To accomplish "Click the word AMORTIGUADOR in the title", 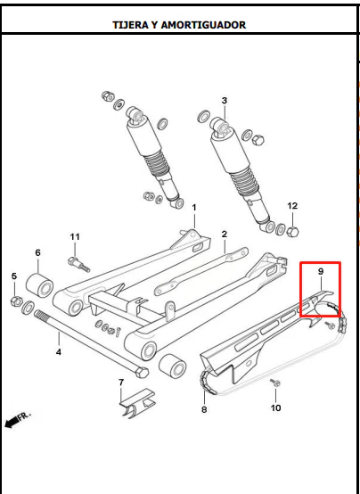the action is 203,25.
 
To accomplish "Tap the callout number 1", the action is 194,208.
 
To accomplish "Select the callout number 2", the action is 225,235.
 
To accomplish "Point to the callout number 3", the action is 225,101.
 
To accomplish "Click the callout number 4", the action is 59,352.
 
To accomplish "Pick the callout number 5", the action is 14,276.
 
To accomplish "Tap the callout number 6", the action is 37,252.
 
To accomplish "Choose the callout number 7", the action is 121,383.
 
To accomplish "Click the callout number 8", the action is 204,409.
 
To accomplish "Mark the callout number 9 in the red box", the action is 321,272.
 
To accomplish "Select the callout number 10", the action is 275,408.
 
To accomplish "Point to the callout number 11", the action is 75,237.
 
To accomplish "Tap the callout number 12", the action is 292,206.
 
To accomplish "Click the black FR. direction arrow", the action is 12,422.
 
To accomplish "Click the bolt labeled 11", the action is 78,265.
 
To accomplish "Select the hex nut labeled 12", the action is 292,232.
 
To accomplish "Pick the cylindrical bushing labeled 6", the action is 39,285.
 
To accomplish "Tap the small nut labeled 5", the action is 16,301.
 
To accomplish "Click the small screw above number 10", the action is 275,383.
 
